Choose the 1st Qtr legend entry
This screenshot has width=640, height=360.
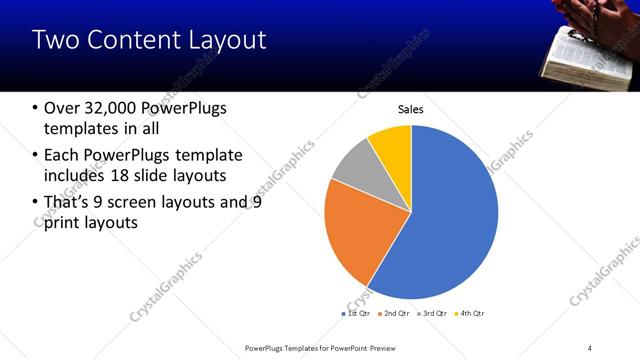pyautogui.click(x=358, y=314)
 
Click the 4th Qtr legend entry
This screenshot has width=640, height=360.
pyautogui.click(x=470, y=314)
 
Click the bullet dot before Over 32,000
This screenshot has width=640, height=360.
pyautogui.click(x=36, y=108)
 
